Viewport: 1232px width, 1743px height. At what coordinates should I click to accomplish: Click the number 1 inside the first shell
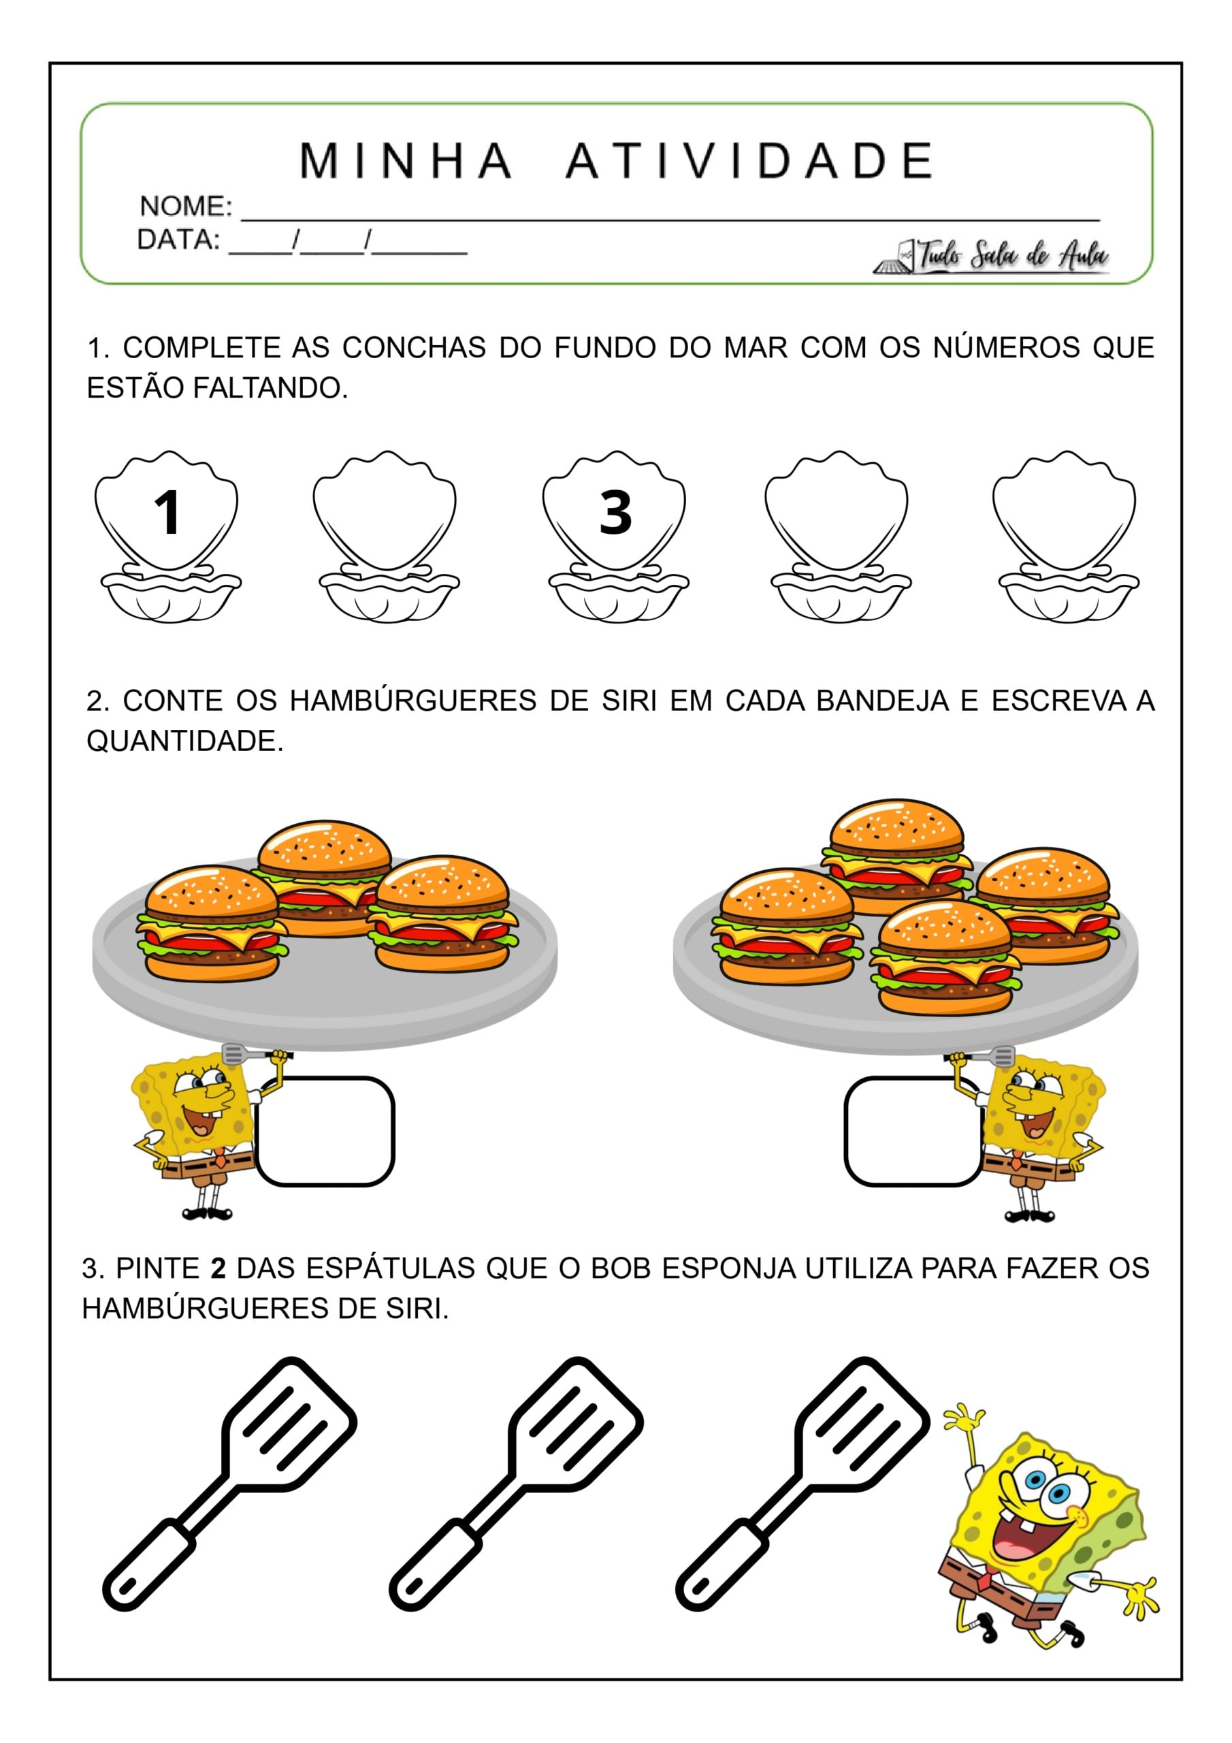[167, 513]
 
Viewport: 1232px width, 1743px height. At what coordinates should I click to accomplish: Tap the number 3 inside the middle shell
[615, 513]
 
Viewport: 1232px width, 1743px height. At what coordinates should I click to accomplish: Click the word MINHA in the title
[406, 161]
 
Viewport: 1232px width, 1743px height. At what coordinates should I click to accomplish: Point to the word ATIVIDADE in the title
[750, 161]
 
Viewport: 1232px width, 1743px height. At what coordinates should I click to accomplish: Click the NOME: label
[185, 206]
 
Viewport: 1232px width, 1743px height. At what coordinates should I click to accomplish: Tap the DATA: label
[178, 240]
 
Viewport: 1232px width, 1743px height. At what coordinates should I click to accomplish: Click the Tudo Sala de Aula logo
[994, 257]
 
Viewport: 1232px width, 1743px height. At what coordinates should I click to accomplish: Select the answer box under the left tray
[325, 1131]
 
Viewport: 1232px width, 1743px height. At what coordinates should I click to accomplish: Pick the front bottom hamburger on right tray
[945, 958]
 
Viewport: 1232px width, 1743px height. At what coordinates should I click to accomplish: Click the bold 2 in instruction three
[218, 1268]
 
